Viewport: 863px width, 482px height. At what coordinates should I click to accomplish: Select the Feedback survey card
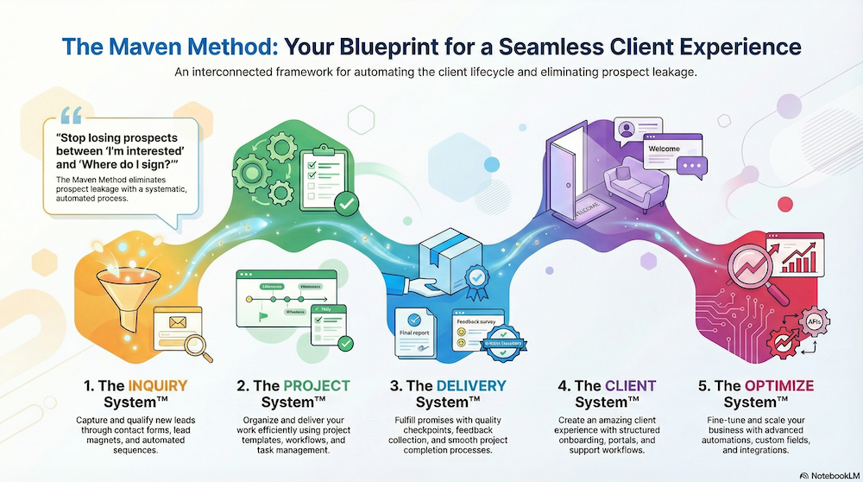point(478,327)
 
